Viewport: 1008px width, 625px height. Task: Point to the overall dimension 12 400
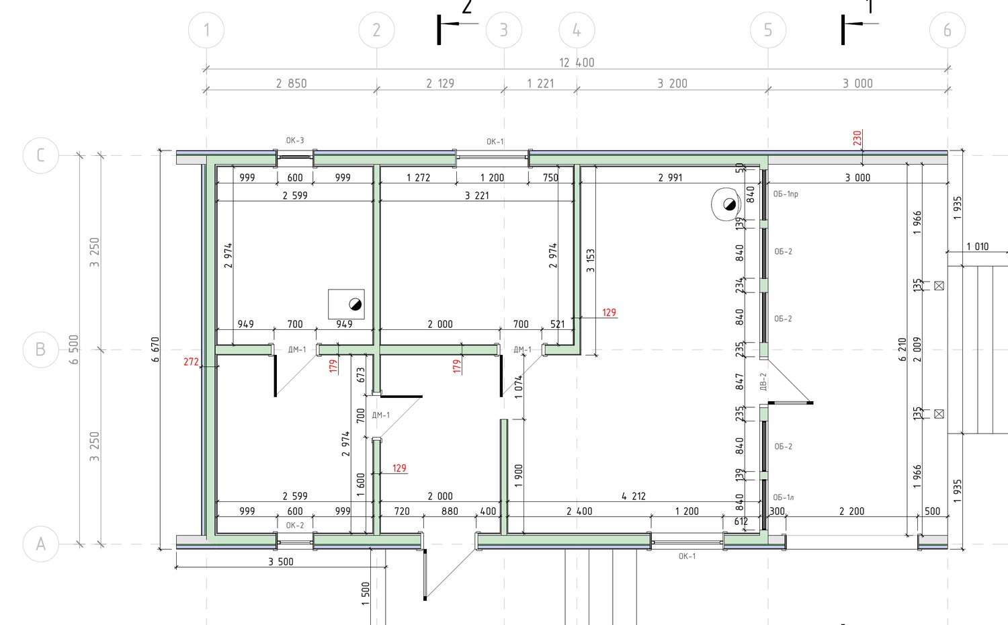(x=577, y=62)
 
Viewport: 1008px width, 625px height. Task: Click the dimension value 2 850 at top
(x=291, y=83)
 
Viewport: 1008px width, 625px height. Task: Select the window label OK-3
(x=295, y=140)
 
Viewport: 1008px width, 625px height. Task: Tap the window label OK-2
(x=295, y=525)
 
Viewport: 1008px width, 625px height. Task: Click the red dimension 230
(x=857, y=138)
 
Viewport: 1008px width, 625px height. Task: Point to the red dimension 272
(x=191, y=362)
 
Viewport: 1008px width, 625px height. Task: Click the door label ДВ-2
(x=763, y=381)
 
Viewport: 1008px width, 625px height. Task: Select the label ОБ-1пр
(x=786, y=194)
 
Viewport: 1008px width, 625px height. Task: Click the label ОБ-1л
(x=784, y=497)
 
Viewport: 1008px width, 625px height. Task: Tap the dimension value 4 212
(x=634, y=497)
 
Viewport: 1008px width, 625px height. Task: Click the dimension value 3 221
(x=476, y=196)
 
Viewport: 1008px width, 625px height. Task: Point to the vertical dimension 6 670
(x=155, y=349)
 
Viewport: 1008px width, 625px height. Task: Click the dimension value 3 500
(x=281, y=562)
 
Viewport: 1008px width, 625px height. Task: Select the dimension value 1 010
(x=978, y=247)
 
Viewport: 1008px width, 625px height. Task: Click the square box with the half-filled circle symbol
(x=346, y=304)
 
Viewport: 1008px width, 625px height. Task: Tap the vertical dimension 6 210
(x=902, y=349)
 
